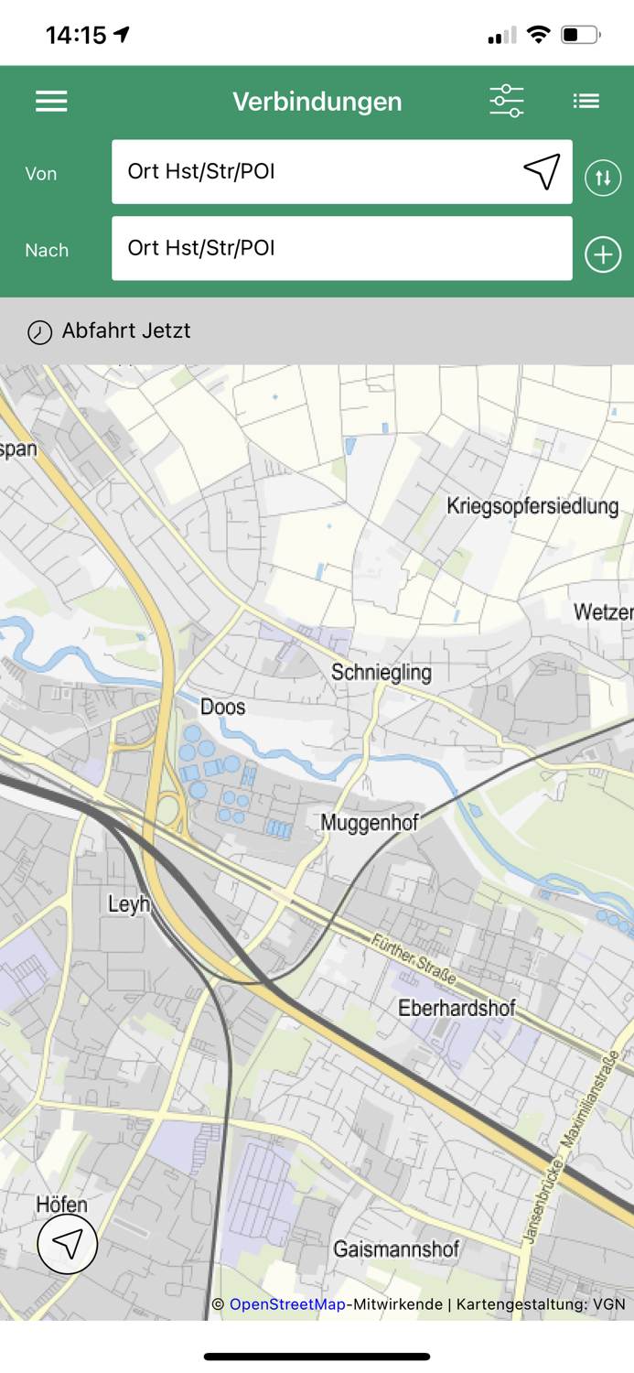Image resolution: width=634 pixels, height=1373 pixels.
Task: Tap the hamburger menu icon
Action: click(x=51, y=102)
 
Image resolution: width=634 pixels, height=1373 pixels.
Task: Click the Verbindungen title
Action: click(x=317, y=102)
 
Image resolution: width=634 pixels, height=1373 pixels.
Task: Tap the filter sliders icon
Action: click(x=506, y=101)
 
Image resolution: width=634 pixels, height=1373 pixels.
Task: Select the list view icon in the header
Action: click(x=586, y=101)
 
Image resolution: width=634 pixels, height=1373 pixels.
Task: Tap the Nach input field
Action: click(x=341, y=248)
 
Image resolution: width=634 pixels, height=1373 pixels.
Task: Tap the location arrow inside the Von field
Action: click(x=542, y=171)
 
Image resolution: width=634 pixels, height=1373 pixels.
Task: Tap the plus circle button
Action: click(x=603, y=254)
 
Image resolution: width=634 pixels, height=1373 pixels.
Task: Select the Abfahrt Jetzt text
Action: click(x=126, y=330)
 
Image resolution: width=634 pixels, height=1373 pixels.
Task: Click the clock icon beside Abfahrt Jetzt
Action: click(x=39, y=331)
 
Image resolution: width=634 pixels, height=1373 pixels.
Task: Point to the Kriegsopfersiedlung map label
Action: click(x=532, y=506)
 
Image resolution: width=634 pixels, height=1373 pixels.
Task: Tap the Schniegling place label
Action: click(x=381, y=672)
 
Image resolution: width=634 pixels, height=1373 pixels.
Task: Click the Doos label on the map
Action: click(x=222, y=707)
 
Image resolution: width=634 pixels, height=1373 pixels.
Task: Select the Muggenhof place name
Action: click(x=369, y=822)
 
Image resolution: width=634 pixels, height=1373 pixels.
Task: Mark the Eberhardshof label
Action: click(x=457, y=1008)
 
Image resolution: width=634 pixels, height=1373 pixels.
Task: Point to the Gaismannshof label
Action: click(x=396, y=1249)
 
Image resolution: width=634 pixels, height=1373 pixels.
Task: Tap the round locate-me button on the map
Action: click(x=68, y=1244)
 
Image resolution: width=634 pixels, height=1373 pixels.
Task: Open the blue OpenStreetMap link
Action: click(x=287, y=1304)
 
